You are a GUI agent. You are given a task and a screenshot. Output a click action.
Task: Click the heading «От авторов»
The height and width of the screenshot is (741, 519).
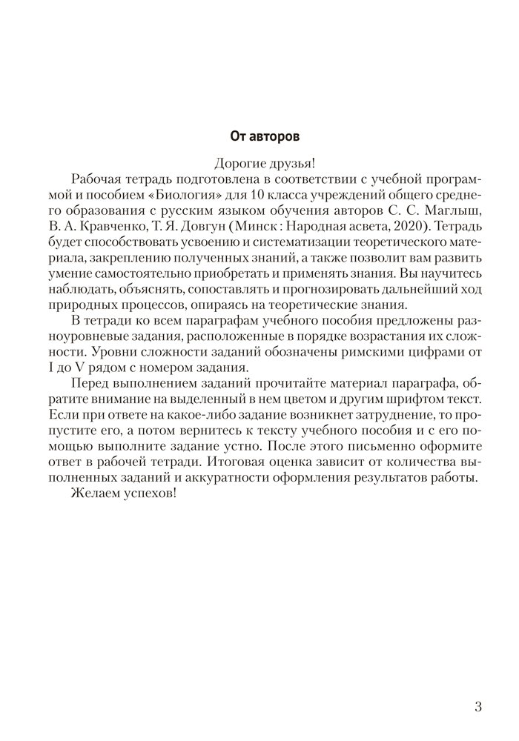[x=259, y=136]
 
